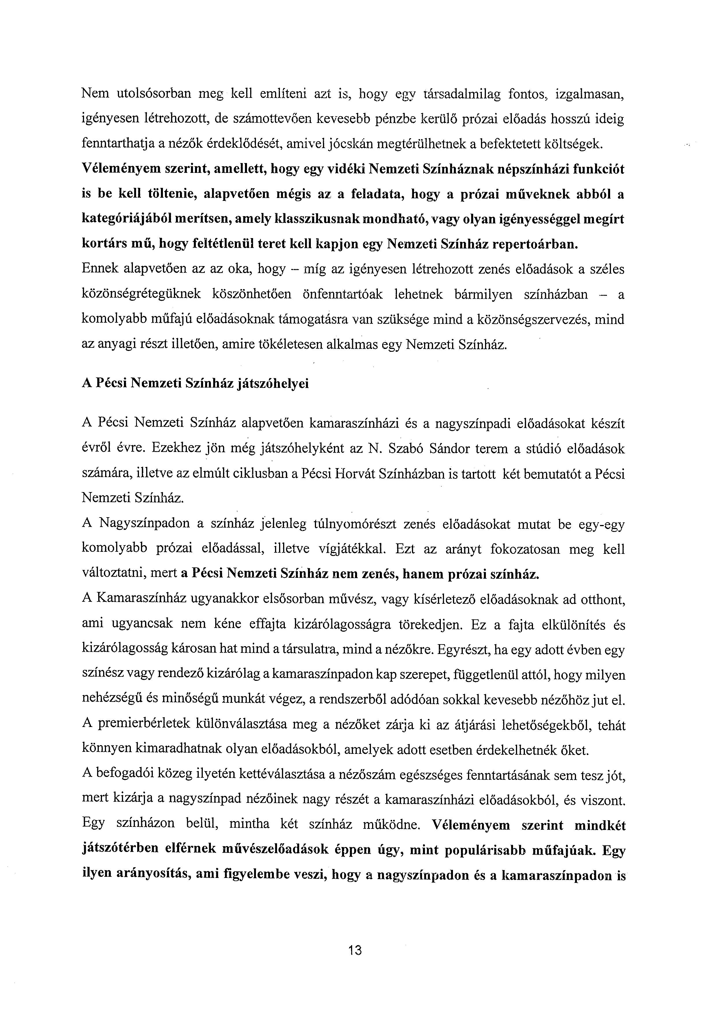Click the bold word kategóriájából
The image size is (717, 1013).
(128, 219)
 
